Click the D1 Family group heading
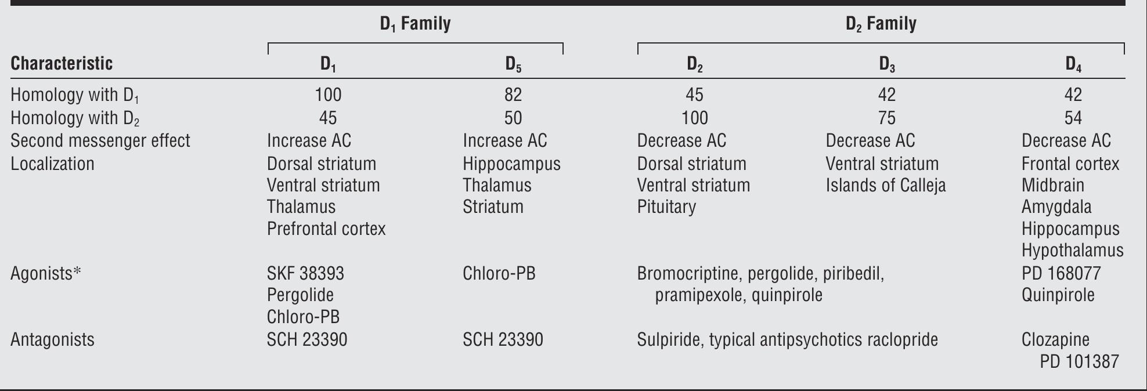click(415, 24)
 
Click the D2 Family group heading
click(881, 24)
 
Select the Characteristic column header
click(62, 63)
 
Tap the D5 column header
click(513, 64)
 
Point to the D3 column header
click(886, 64)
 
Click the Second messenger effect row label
click(100, 141)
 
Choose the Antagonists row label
click(52, 339)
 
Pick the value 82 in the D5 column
click(513, 95)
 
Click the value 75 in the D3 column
click(886, 118)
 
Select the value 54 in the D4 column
click(1073, 118)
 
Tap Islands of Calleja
click(885, 186)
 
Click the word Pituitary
click(666, 207)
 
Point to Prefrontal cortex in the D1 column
click(326, 229)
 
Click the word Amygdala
click(1056, 207)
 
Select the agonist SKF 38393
click(305, 273)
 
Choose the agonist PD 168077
click(1061, 273)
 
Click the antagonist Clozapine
click(1055, 339)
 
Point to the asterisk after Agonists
click(77, 272)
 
